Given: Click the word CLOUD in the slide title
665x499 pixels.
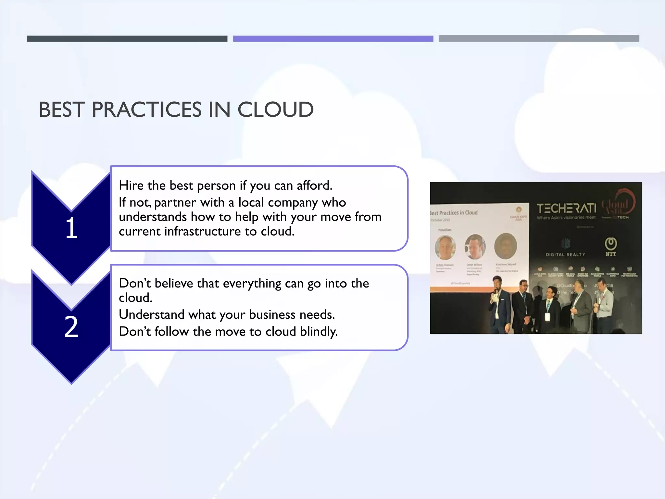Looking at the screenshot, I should click(275, 109).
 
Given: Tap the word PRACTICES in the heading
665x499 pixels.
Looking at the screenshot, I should click(147, 109).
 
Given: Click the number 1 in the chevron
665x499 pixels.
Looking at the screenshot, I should click(71, 228).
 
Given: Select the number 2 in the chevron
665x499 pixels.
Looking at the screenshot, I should click(71, 327).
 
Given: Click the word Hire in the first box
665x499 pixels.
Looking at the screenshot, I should click(131, 186).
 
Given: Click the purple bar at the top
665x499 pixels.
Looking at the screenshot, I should click(333, 39).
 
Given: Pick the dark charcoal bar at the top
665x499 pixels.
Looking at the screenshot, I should click(127, 39).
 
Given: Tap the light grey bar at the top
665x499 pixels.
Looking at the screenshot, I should click(539, 38).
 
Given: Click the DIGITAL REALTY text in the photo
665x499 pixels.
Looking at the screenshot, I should click(565, 255).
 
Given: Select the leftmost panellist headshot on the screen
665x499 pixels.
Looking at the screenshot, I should click(445, 248).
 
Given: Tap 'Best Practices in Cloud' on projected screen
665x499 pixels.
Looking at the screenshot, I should click(454, 213).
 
